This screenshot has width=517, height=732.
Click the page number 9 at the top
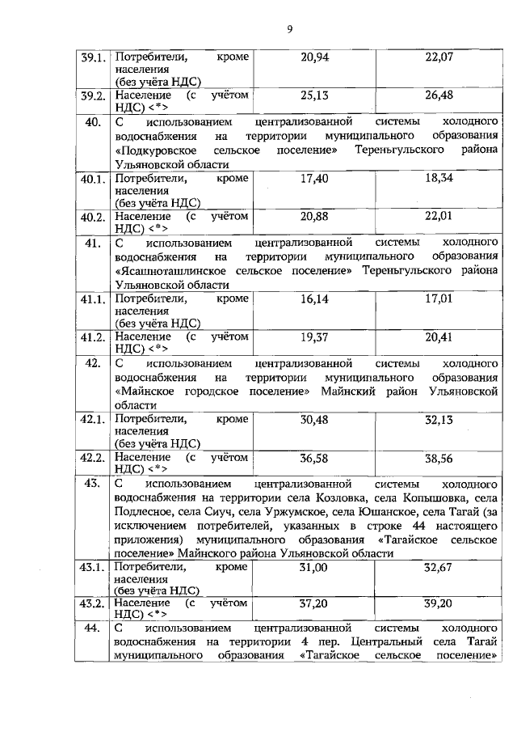click(x=288, y=30)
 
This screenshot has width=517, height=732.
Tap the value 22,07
click(x=439, y=57)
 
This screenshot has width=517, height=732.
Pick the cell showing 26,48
click(x=439, y=95)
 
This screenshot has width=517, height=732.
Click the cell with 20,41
click(x=439, y=336)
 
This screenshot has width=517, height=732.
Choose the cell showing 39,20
click(x=439, y=603)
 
